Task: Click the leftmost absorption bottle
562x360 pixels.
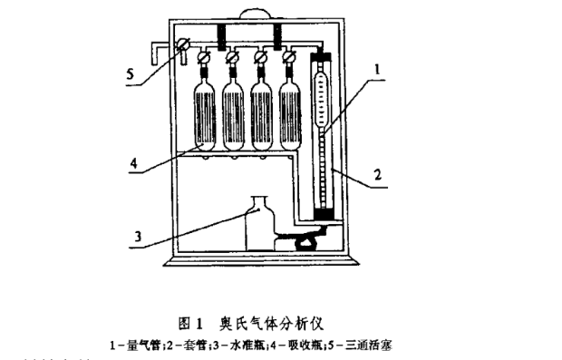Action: point(207,113)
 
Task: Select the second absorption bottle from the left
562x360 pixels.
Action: point(234,113)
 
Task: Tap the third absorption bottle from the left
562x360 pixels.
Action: point(261,113)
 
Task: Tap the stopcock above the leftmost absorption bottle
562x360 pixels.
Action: point(206,61)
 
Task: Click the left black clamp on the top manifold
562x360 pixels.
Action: point(221,35)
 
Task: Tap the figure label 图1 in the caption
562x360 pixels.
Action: point(192,323)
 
